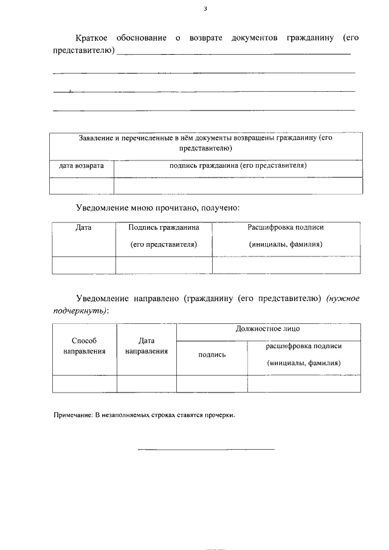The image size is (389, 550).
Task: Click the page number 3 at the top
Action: pos(206,9)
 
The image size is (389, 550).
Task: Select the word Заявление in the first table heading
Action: pos(97,139)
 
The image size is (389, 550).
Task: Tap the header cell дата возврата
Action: pos(81,165)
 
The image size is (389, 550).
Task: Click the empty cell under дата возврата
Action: pos(81,185)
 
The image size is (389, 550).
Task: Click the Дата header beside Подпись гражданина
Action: pos(83,227)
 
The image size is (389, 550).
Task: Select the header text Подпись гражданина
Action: pos(164,227)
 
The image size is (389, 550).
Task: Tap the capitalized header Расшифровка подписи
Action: pos(285,227)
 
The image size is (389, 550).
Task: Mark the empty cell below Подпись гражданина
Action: pos(164,265)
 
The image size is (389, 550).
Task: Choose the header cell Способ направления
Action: pos(84,346)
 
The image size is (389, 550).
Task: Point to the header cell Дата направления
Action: pos(146,346)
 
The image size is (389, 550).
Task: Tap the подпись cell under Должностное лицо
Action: pos(212,355)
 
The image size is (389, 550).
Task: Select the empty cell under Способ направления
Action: pos(84,384)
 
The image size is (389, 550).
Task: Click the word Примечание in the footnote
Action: pos(72,416)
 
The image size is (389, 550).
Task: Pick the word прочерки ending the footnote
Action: pos(220,416)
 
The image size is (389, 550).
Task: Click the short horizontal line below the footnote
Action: pos(206,450)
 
